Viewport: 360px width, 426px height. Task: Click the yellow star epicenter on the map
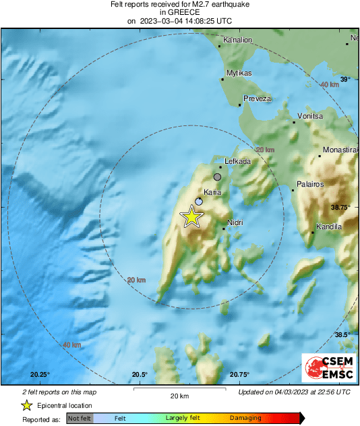[192, 217]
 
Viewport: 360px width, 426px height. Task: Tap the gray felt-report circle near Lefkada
[217, 177]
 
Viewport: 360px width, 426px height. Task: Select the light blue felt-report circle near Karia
[199, 202]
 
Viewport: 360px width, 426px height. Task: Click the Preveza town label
[258, 98]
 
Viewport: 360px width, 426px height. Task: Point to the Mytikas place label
[239, 72]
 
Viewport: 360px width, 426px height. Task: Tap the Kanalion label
[237, 40]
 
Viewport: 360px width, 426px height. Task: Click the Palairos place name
[311, 184]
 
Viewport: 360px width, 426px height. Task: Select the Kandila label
[330, 227]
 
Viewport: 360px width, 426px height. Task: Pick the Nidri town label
[235, 222]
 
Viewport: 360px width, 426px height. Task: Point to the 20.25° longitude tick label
[40, 374]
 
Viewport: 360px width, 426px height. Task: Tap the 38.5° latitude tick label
[343, 335]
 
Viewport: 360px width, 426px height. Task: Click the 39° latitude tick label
[344, 80]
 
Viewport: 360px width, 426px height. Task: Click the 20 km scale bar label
[179, 396]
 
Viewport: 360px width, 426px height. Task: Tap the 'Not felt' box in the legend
[80, 418]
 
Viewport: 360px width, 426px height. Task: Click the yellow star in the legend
[26, 405]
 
